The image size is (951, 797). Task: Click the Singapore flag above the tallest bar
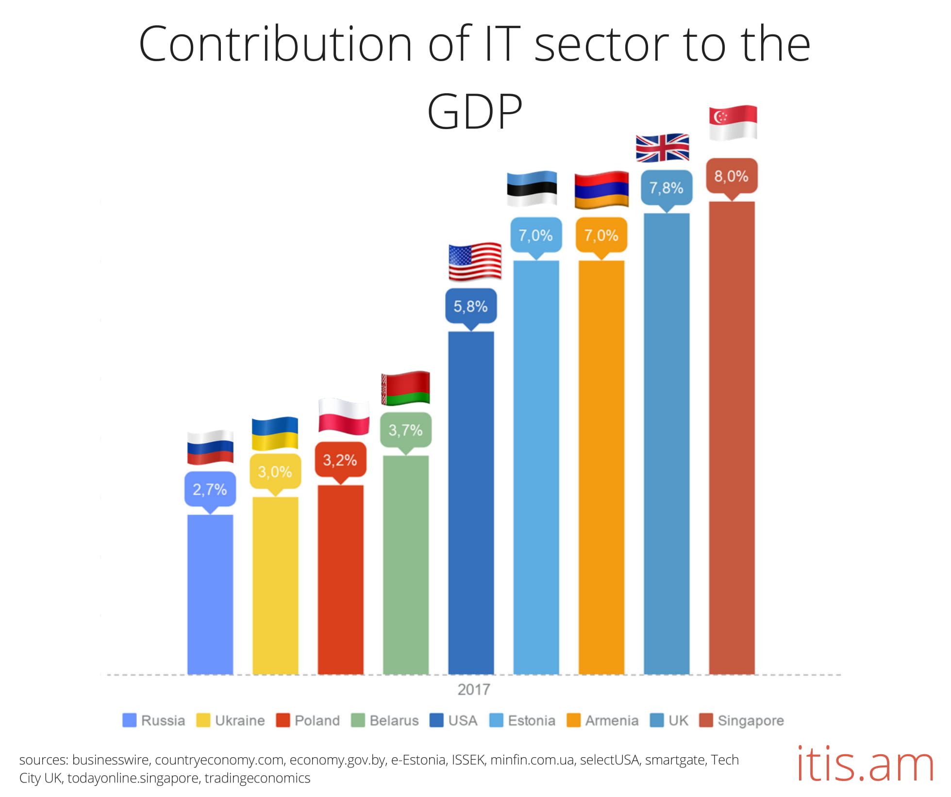(x=733, y=122)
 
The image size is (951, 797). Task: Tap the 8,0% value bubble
(x=731, y=176)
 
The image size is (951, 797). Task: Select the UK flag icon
(x=662, y=148)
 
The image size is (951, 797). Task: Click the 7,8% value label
(x=666, y=188)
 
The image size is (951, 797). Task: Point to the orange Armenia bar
(x=601, y=466)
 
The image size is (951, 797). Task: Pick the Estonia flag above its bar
(x=532, y=188)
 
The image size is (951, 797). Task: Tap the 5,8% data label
(x=470, y=306)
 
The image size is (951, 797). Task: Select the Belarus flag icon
(x=405, y=388)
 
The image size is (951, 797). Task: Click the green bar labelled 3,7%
(x=405, y=563)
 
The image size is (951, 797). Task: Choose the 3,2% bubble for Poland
(x=340, y=460)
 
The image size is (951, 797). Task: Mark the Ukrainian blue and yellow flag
(x=275, y=433)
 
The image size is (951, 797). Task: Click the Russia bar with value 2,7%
(x=210, y=595)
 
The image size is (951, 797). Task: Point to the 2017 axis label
(x=474, y=689)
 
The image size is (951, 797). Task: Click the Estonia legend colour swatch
(x=496, y=720)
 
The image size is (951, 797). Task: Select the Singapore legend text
(x=751, y=720)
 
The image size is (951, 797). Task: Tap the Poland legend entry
(x=317, y=720)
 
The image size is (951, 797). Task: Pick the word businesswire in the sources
(x=110, y=760)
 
